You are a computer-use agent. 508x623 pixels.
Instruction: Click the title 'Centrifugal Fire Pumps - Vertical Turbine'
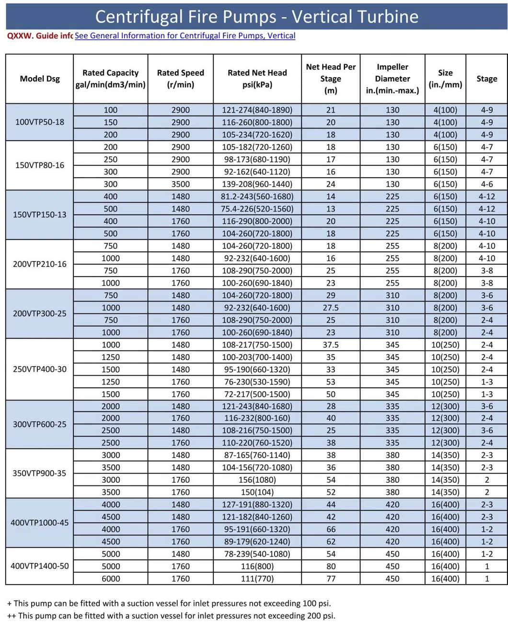(256, 16)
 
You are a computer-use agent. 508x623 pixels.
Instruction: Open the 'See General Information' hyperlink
(185, 36)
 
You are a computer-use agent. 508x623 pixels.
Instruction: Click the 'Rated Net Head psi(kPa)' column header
(257, 79)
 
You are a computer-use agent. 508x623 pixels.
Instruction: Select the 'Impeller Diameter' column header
(392, 79)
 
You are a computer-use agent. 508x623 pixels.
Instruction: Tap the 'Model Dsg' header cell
(40, 79)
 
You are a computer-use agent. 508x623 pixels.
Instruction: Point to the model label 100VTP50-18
(40, 122)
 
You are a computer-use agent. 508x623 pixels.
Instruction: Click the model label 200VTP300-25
(40, 314)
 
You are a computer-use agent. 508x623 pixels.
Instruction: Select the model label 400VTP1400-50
(40, 566)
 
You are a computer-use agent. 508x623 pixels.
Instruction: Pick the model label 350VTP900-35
(40, 473)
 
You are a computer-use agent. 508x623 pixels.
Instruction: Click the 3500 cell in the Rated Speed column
(181, 184)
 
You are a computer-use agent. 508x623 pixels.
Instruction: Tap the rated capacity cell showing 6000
(111, 578)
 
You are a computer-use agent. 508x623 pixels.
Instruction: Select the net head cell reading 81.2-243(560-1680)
(257, 196)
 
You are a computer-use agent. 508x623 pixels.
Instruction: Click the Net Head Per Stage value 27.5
(331, 308)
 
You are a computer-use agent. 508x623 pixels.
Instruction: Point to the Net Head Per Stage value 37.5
(331, 345)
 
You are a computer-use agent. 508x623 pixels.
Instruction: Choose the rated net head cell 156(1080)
(257, 480)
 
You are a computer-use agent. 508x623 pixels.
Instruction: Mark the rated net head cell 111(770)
(257, 578)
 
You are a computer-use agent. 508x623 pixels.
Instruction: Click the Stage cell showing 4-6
(487, 184)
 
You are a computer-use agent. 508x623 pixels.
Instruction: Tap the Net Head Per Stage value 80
(331, 566)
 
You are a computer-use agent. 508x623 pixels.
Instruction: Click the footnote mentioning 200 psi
(171, 616)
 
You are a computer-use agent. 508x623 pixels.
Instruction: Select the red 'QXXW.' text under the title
(20, 36)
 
